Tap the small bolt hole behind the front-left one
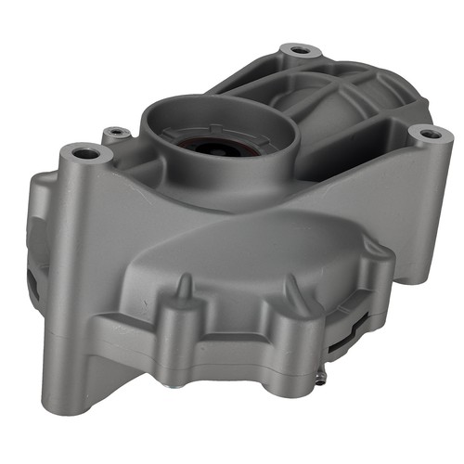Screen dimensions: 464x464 (x=116, y=133)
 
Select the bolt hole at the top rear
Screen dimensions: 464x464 (x=299, y=49)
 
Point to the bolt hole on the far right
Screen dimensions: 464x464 (x=429, y=134)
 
